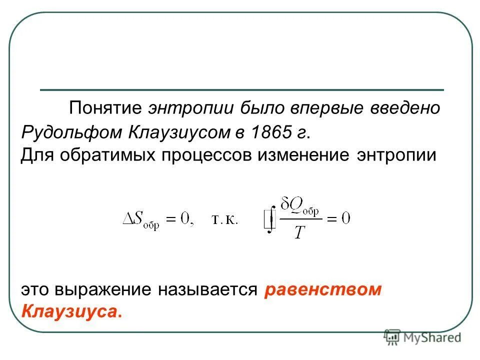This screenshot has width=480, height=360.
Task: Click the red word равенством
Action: point(323,290)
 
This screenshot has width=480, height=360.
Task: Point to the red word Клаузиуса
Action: point(71,312)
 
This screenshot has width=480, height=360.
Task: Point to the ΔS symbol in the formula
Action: point(135,218)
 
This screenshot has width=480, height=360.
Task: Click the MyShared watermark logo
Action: point(422,337)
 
